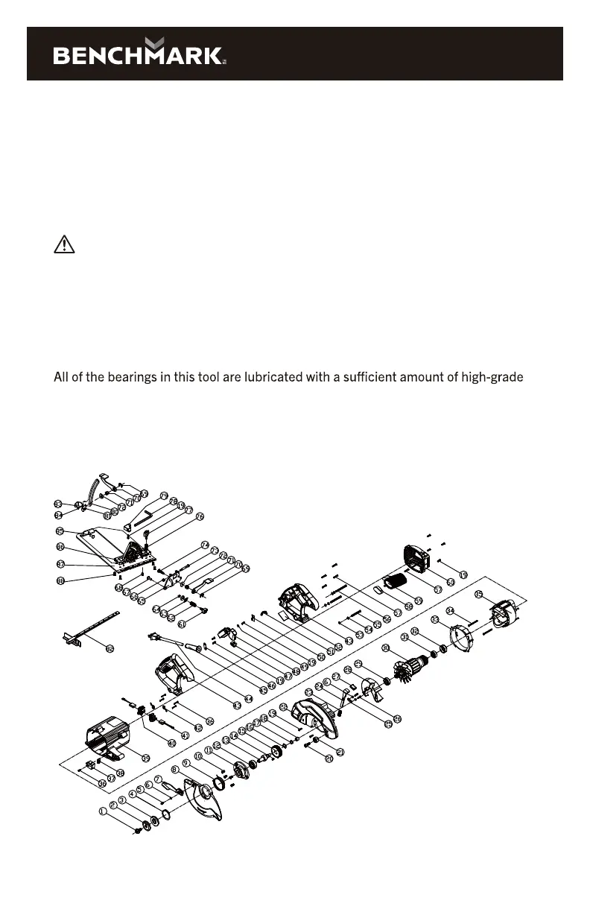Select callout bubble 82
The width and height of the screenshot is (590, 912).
pyautogui.click(x=110, y=648)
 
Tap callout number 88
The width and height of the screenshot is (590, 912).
pyautogui.click(x=60, y=580)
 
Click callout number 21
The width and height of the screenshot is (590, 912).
pyautogui.click(x=340, y=752)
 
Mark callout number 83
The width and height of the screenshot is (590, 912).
pyautogui.click(x=59, y=504)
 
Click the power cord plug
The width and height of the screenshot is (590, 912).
pyautogui.click(x=153, y=636)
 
